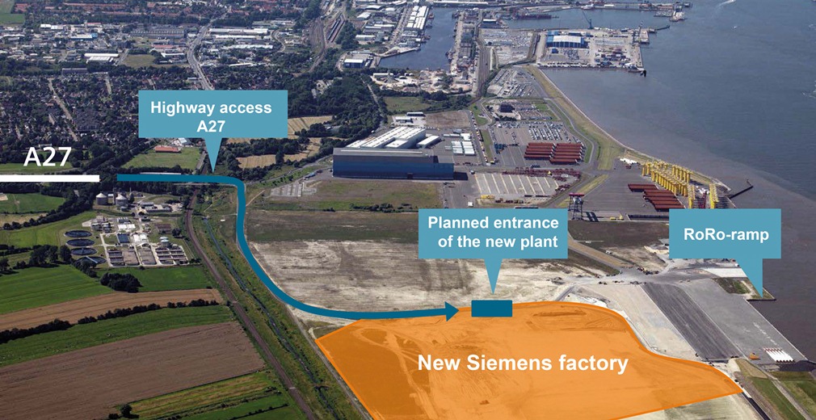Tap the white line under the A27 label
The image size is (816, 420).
click(49, 178)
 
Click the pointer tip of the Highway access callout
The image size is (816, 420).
click(212, 169)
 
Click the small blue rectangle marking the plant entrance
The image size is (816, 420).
click(491, 308)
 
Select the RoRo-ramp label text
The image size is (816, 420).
click(725, 235)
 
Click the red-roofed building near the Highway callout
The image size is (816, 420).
click(168, 149)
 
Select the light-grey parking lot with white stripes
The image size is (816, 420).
click(514, 185)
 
